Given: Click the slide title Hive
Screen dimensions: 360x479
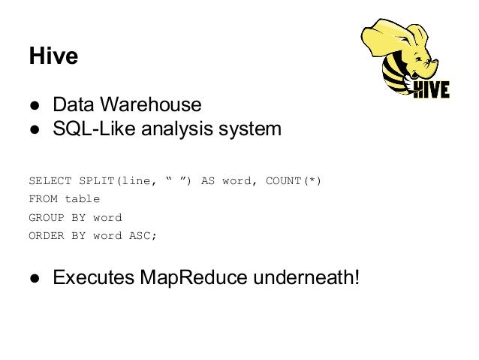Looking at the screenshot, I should click(53, 56).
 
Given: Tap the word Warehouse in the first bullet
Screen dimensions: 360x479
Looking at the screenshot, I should click(158, 103).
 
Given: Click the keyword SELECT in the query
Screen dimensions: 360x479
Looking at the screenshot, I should click(47, 181).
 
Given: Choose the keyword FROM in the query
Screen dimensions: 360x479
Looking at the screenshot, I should click(41, 199).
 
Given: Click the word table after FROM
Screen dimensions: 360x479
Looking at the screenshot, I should click(82, 199).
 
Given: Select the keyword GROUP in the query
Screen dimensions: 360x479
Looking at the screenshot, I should click(44, 217).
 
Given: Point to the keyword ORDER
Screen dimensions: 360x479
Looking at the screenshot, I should click(44, 235).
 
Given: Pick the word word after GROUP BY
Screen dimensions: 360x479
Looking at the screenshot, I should click(107, 217).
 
